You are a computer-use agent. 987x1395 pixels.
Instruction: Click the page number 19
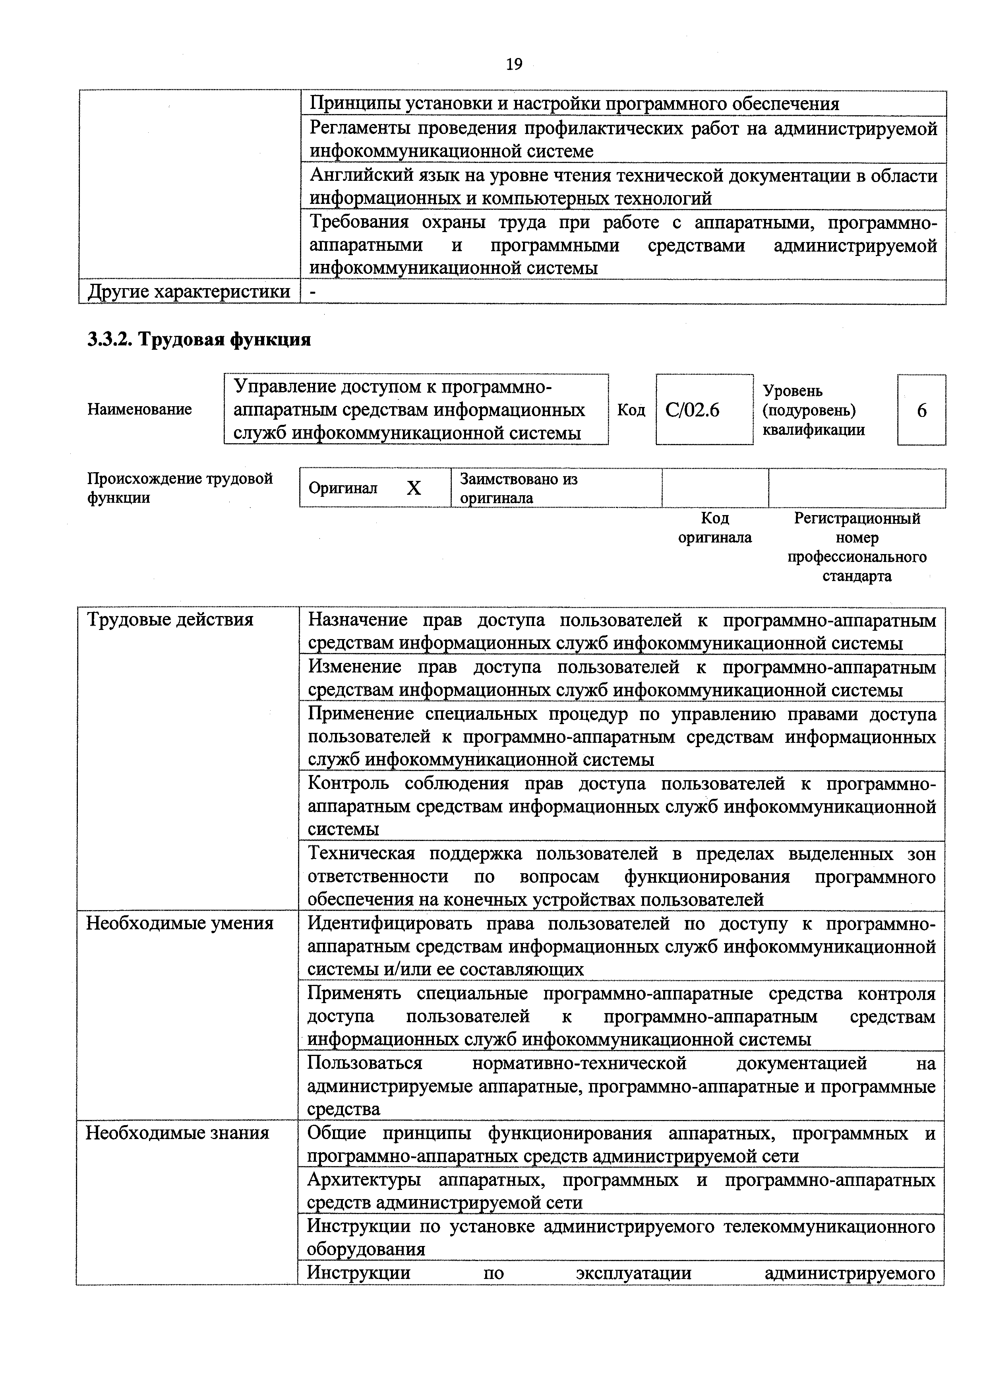pyautogui.click(x=513, y=64)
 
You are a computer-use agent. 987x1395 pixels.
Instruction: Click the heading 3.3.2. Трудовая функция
pyautogui.click(x=199, y=339)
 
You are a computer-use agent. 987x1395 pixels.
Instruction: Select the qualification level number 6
pyautogui.click(x=921, y=411)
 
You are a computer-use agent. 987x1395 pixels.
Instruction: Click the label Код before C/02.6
pyautogui.click(x=631, y=410)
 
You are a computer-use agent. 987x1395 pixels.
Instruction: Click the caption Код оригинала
pyautogui.click(x=715, y=528)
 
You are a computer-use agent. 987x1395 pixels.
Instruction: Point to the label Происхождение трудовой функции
pyautogui.click(x=180, y=488)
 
